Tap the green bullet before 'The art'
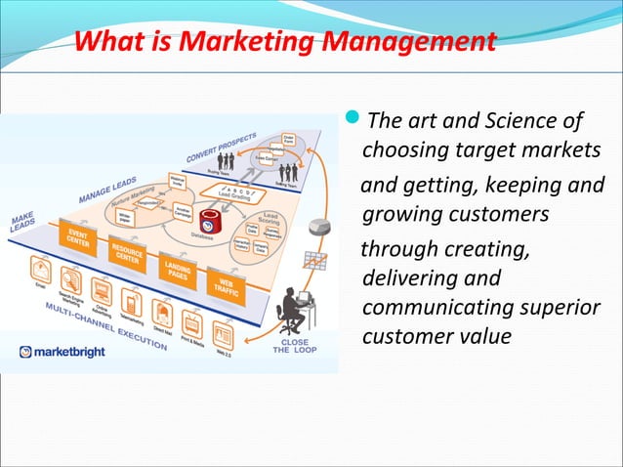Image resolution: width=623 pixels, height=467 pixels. click(x=353, y=121)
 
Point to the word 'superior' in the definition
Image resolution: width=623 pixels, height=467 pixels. click(x=554, y=308)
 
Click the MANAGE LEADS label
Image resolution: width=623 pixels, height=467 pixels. click(x=108, y=186)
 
